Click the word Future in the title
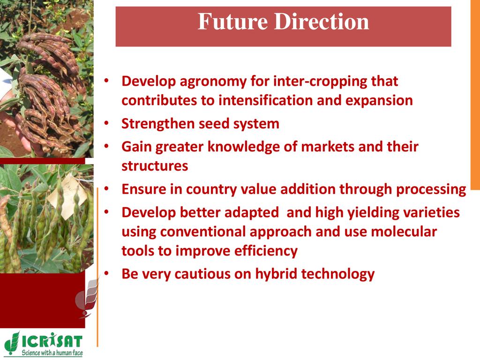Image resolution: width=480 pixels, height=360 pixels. click(x=232, y=22)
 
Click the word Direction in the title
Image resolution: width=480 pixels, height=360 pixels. click(x=322, y=22)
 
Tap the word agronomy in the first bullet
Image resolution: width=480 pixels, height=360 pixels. click(x=213, y=82)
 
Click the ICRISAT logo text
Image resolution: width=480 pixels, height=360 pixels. click(x=52, y=341)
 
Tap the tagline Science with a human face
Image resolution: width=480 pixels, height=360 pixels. click(x=52, y=352)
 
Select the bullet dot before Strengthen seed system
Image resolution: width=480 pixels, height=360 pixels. click(x=106, y=123)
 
